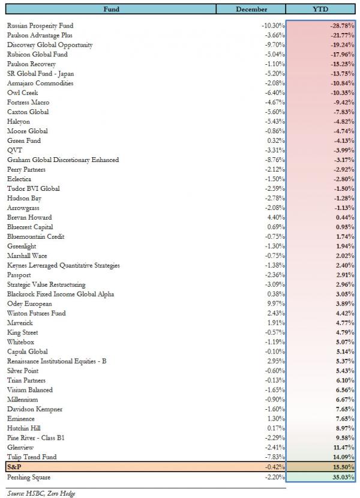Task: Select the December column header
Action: pyautogui.click(x=251, y=10)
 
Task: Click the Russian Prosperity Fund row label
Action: pyautogui.click(x=49, y=26)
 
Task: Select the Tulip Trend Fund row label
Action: pyautogui.click(x=32, y=457)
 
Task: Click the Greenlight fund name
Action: pyautogui.click(x=22, y=246)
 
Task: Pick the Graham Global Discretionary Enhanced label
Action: pyautogui.click(x=63, y=160)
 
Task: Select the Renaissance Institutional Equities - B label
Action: pyautogui.click(x=57, y=361)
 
